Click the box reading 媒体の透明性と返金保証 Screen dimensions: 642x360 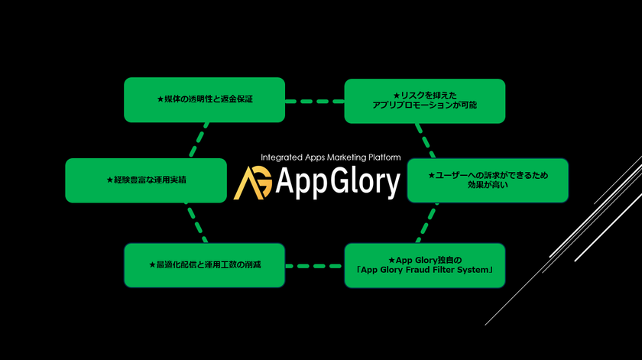[204, 99]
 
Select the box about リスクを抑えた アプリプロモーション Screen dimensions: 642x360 [425, 101]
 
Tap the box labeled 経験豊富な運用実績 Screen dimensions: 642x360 [146, 180]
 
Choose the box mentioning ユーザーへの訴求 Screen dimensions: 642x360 [488, 180]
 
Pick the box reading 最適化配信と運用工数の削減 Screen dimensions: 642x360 [204, 265]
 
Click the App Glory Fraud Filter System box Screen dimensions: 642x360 [425, 265]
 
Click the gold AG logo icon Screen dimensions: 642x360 [253, 183]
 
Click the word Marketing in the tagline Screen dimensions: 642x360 [346, 157]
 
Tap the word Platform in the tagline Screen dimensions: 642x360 [384, 157]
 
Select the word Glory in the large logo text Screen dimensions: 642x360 [365, 182]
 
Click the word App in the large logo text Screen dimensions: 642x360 [301, 183]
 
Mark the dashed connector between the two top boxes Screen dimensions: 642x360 [314, 101]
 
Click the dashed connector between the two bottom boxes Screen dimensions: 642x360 [314, 266]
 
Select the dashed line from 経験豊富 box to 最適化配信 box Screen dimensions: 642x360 [197, 222]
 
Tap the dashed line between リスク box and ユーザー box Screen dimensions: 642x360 [426, 141]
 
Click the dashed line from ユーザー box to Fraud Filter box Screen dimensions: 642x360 [427, 222]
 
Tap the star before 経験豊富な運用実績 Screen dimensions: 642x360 [110, 180]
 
